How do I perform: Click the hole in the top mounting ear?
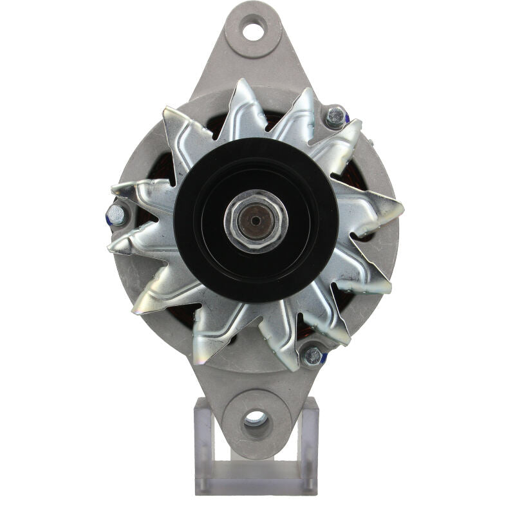coord(254,28)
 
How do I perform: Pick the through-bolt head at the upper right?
coord(334,117)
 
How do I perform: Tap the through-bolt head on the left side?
coord(116,215)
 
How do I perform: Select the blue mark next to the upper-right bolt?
coord(346,119)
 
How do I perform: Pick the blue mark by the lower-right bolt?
coord(324,357)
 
